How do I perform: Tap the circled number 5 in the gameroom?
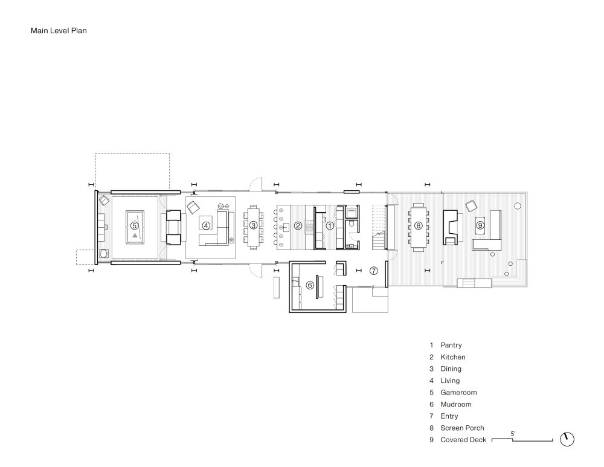134,225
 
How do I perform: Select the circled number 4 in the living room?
206,225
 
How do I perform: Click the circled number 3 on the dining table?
254,225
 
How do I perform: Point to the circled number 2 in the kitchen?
298,225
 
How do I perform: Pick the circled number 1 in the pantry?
330,225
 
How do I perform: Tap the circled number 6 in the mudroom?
310,285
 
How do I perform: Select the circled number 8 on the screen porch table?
418,225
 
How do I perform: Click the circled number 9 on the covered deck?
480,225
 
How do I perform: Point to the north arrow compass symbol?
567,439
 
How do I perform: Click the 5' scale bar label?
513,434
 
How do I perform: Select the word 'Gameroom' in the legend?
458,393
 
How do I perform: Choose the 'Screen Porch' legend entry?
462,428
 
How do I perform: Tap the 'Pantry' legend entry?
451,346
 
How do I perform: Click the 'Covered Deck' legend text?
463,440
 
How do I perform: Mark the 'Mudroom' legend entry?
456,404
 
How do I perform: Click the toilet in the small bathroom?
352,225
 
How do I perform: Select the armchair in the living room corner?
193,207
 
